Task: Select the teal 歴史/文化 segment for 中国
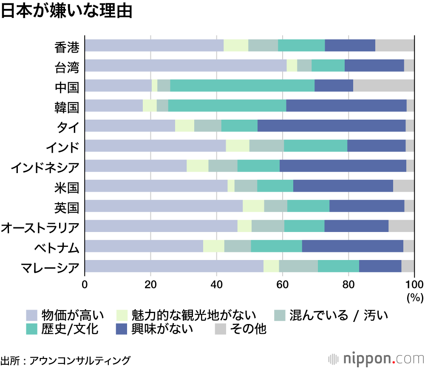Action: pos(242,85)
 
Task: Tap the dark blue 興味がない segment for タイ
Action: pos(331,126)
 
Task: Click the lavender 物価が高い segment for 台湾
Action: pos(186,65)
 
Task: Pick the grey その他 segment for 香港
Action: pos(394,45)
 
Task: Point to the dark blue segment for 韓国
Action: pos(346,106)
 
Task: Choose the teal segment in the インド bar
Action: pos(315,145)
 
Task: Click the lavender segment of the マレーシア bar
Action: pos(174,266)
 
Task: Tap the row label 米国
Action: pos(67,186)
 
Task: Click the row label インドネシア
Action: pos(45,166)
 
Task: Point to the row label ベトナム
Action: pos(57,246)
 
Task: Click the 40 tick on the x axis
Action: pos(217,285)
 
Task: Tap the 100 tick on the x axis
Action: pos(414,285)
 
